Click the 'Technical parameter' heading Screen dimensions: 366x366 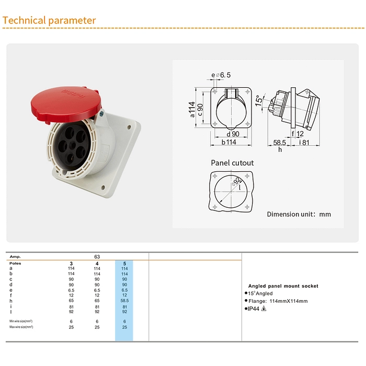click(x=50, y=21)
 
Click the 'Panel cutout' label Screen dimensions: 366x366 click(x=232, y=163)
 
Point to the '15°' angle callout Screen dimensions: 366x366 click(x=258, y=100)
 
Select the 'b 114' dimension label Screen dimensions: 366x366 click(x=228, y=142)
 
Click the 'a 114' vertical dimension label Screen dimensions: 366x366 click(x=192, y=109)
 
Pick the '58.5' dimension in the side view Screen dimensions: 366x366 click(x=279, y=142)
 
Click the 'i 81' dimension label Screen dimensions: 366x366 click(x=305, y=142)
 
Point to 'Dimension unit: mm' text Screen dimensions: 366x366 click(x=299, y=214)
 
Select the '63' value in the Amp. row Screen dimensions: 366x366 click(x=97, y=257)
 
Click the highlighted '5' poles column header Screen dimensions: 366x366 click(x=124, y=263)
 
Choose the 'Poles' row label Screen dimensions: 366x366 click(x=15, y=263)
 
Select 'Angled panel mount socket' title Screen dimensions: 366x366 click(x=283, y=286)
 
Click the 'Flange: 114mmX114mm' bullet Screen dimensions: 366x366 click(x=278, y=301)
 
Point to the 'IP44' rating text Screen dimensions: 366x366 click(x=254, y=309)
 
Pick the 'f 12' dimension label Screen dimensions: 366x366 click(x=297, y=134)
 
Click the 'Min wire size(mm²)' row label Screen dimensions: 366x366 click(x=21, y=321)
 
